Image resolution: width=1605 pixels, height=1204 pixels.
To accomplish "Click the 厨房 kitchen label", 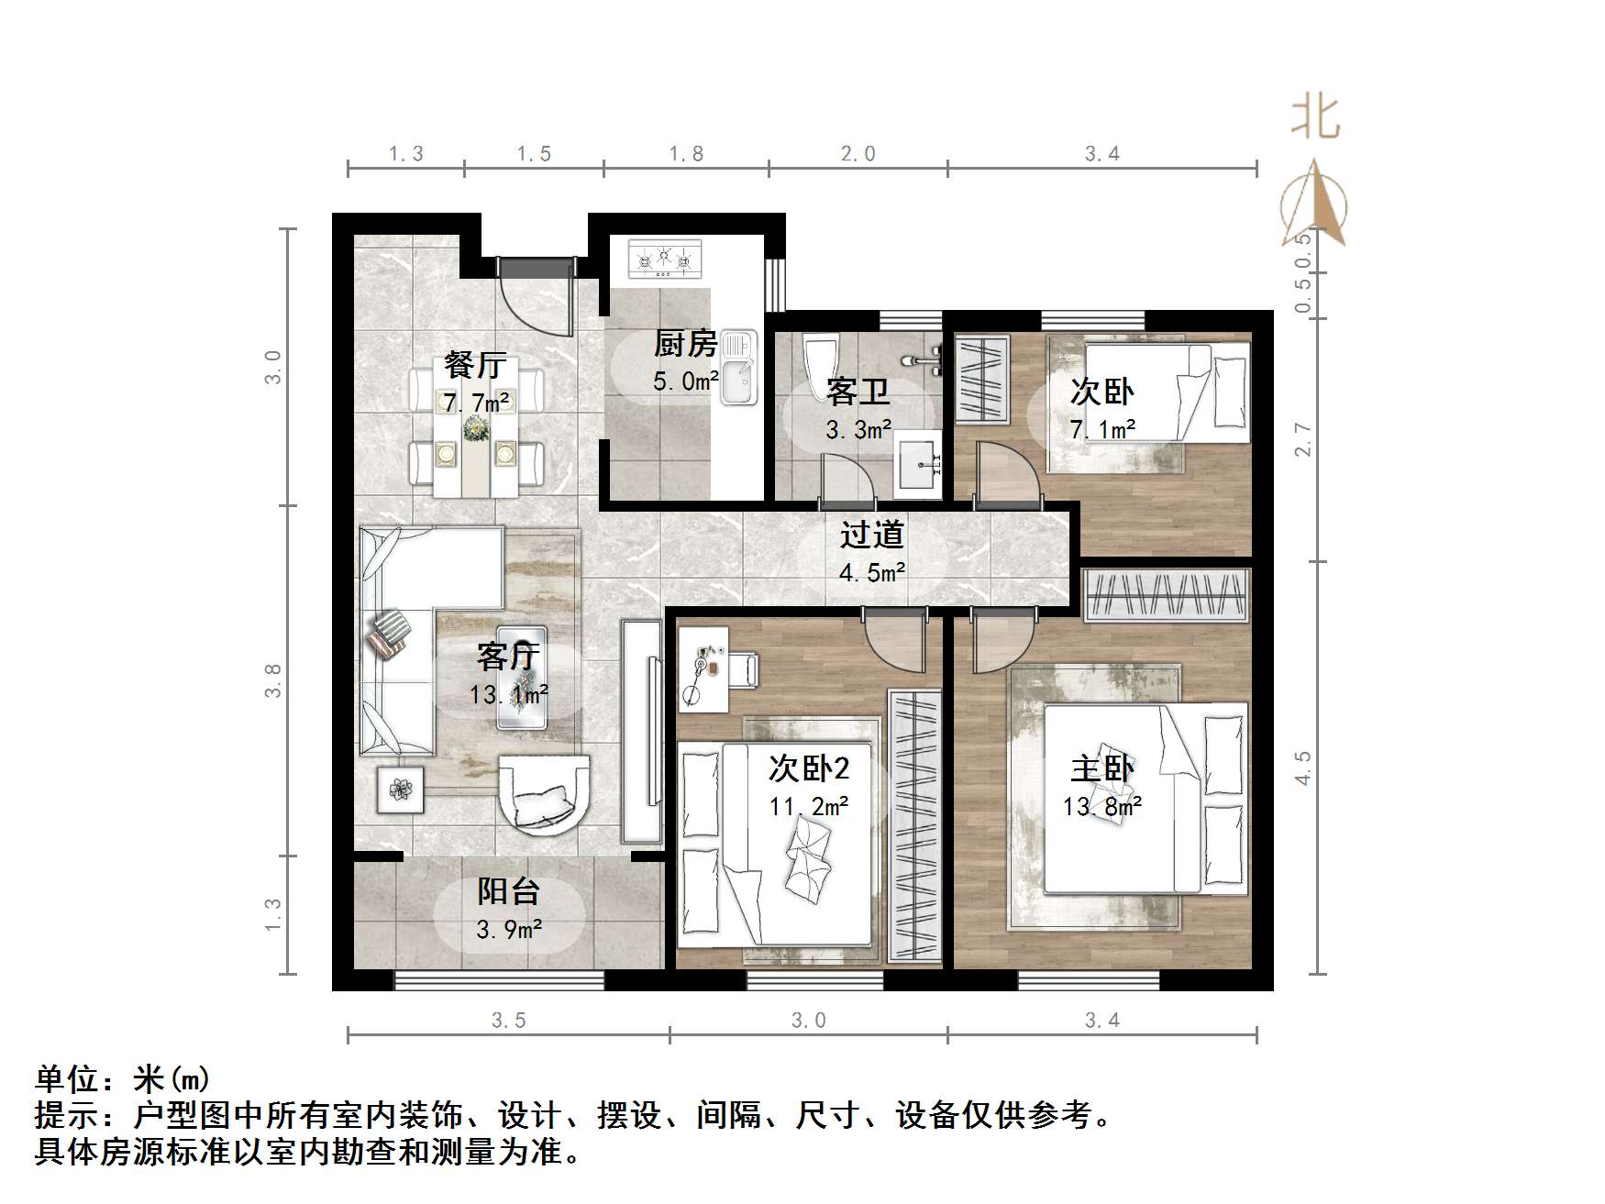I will click(685, 344).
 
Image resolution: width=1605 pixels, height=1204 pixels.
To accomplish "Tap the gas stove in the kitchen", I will click(665, 259).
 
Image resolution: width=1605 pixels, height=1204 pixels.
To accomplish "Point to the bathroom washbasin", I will click(917, 463).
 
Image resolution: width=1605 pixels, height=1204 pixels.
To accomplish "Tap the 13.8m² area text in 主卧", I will click(1101, 807).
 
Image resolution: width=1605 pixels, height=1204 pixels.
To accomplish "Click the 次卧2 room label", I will click(808, 768).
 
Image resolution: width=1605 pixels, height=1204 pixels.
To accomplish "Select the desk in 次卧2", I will click(703, 668).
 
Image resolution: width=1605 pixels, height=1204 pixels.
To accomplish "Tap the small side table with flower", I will click(401, 790).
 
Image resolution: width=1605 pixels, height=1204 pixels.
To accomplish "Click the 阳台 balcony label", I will click(508, 891).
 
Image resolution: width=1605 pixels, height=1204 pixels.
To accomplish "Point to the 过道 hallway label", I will click(871, 535).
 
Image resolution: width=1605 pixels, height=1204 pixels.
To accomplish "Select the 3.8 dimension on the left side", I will click(273, 681).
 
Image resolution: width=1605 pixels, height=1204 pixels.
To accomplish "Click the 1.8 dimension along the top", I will click(686, 154).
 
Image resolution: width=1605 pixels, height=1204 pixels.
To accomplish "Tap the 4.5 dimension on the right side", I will click(1303, 768).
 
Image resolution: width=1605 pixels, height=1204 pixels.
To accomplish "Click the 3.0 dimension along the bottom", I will click(808, 1021).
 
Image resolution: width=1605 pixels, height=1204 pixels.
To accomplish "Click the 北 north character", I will click(1315, 119).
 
